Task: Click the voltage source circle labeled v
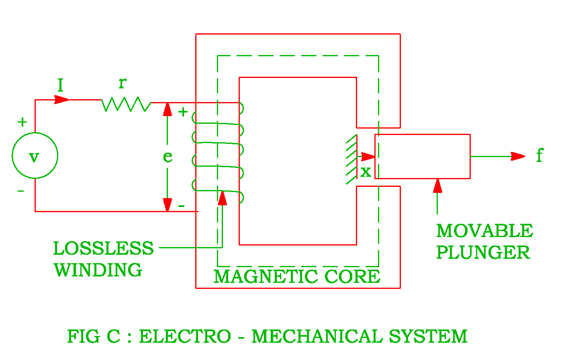tap(35, 155)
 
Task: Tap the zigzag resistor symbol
tap(126, 104)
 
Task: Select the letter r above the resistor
tap(123, 83)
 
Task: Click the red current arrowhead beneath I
tap(61, 100)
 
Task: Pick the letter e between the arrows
tap(168, 157)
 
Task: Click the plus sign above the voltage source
tap(22, 122)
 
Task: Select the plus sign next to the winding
tap(183, 112)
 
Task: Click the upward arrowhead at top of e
tap(168, 109)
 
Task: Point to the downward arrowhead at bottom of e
tap(168, 205)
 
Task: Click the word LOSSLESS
tap(103, 249)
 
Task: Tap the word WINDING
tap(98, 270)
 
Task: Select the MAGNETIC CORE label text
tap(296, 277)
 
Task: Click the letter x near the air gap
tap(366, 172)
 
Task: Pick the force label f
tap(539, 155)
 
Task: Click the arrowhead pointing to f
tap(518, 156)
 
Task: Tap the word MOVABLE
tap(484, 231)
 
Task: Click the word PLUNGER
tap(483, 253)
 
